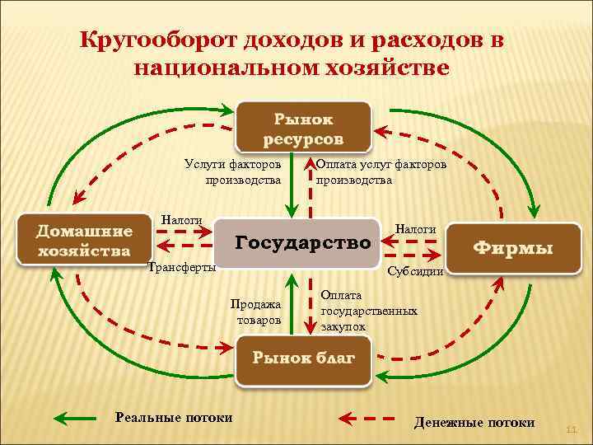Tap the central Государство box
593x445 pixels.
pos(304,244)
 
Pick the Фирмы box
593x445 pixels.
pos(512,247)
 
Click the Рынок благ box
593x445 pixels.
pos(303,358)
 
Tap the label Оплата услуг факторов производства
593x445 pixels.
pos(381,172)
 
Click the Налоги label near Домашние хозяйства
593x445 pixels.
pos(181,220)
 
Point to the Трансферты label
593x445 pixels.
pos(180,267)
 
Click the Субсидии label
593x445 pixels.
pos(415,271)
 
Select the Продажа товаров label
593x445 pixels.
pos(259,311)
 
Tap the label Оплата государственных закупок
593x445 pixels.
pos(368,311)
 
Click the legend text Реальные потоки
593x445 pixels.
pos(174,418)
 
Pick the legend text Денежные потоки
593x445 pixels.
pos(474,423)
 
